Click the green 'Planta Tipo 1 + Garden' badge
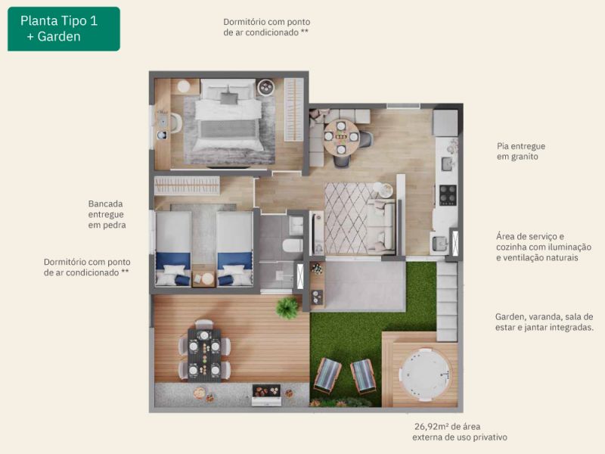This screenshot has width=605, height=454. coord(64,29)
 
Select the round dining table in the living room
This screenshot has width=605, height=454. coord(341,137)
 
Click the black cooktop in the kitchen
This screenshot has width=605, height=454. coord(448,195)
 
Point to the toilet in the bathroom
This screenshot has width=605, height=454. coord(293,245)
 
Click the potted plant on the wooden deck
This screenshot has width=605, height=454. coord(287,308)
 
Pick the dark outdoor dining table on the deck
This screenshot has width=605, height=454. coord(204,355)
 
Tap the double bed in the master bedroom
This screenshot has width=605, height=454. coord(228,115)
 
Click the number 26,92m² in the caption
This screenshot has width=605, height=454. coord(431,427)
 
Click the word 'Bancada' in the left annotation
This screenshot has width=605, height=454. coord(105,204)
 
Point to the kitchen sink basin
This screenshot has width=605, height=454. coord(447,163)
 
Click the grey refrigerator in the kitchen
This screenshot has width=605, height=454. coord(445,123)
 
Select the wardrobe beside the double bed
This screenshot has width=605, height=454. coord(294,110)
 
